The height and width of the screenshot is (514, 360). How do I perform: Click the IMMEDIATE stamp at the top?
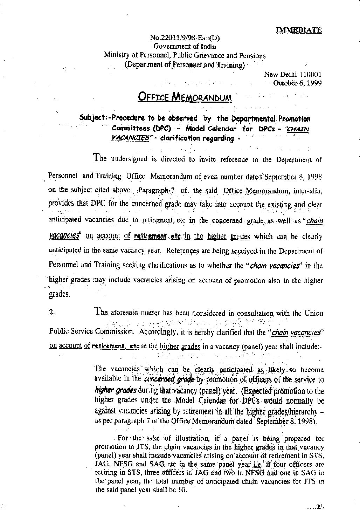[299, 30]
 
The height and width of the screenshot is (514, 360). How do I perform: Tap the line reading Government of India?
[185, 46]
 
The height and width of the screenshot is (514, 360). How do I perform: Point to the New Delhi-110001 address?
[293, 74]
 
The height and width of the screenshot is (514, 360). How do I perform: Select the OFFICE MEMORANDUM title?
[185, 96]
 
